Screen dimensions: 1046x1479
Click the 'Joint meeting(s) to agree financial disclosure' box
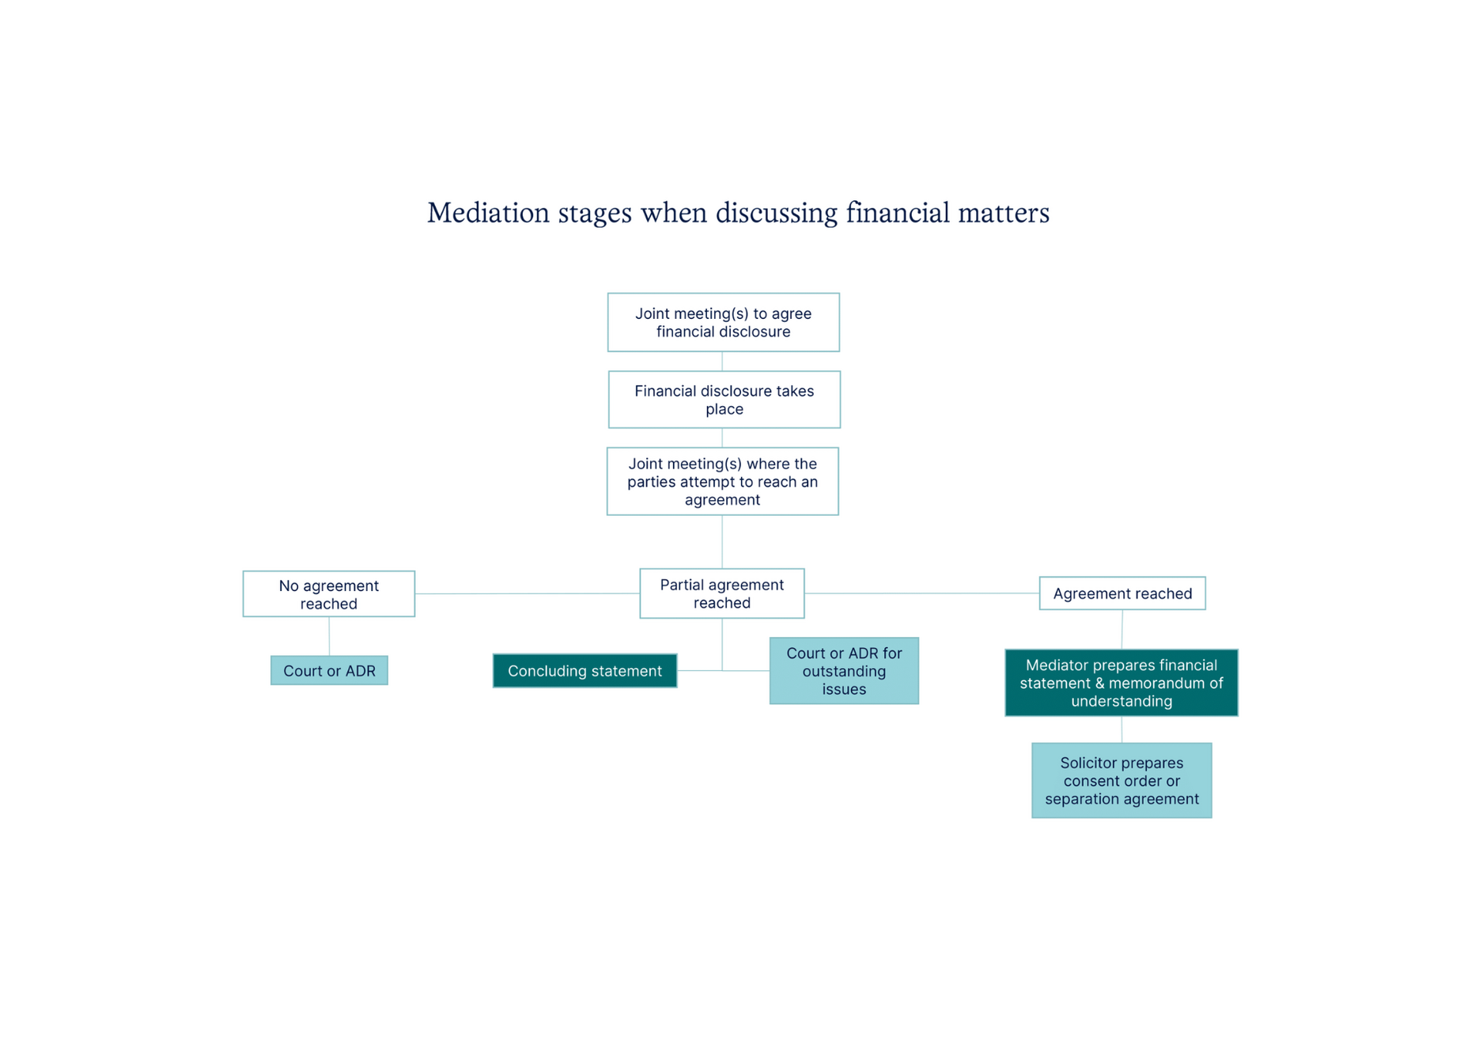(x=723, y=322)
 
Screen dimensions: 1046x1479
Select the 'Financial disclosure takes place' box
(x=724, y=400)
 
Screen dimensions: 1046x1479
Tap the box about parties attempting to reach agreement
(x=722, y=481)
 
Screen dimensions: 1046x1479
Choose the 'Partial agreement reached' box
(x=721, y=593)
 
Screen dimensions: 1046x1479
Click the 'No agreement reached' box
(x=328, y=594)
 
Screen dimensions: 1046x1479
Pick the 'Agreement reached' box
(x=1122, y=593)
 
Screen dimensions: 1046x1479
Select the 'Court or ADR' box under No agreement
(x=329, y=671)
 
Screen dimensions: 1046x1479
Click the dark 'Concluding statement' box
(x=584, y=671)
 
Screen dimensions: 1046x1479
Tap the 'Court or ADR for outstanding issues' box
(x=844, y=671)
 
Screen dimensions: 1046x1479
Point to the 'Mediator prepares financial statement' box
(x=1121, y=683)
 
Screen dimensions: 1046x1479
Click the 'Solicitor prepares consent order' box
(x=1121, y=781)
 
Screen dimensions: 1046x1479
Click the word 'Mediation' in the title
(x=488, y=213)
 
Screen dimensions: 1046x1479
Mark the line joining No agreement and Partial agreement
(x=527, y=593)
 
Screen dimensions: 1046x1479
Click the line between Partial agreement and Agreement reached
(x=921, y=593)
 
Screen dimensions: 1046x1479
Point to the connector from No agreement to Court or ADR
(x=329, y=636)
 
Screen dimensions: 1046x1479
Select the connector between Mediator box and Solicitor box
(x=1122, y=730)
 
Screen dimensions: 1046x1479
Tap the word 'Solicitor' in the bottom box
(x=1092, y=764)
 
